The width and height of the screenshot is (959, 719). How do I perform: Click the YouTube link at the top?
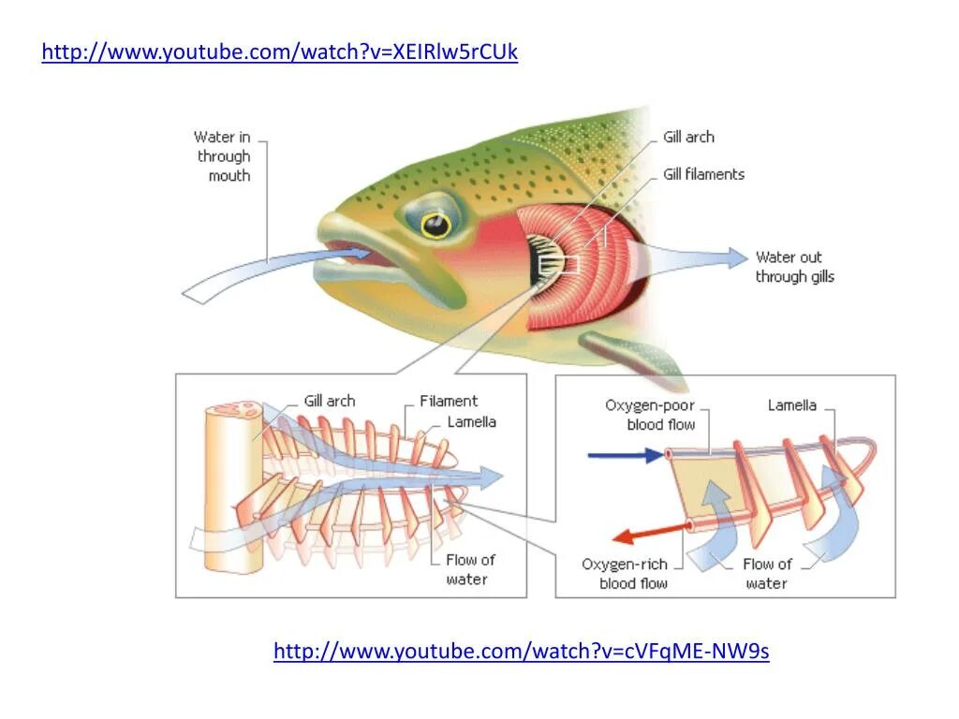click(279, 52)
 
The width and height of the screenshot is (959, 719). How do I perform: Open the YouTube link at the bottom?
click(521, 651)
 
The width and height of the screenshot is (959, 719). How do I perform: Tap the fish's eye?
click(435, 224)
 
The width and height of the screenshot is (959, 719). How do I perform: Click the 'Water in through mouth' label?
click(223, 156)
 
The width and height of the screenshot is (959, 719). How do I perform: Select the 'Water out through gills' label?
click(794, 267)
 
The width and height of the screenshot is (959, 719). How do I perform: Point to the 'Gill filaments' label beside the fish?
click(703, 174)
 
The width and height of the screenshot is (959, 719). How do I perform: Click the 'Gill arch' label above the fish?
click(688, 137)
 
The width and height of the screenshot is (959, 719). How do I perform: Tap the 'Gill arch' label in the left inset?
click(330, 401)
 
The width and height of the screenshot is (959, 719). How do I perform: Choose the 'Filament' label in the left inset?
click(448, 401)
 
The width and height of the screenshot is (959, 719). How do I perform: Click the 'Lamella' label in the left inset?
click(471, 421)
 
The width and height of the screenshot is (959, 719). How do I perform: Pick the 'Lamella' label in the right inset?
click(791, 405)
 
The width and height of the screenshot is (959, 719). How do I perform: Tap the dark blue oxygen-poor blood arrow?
click(624, 456)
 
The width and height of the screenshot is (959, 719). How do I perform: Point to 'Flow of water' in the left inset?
click(469, 569)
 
